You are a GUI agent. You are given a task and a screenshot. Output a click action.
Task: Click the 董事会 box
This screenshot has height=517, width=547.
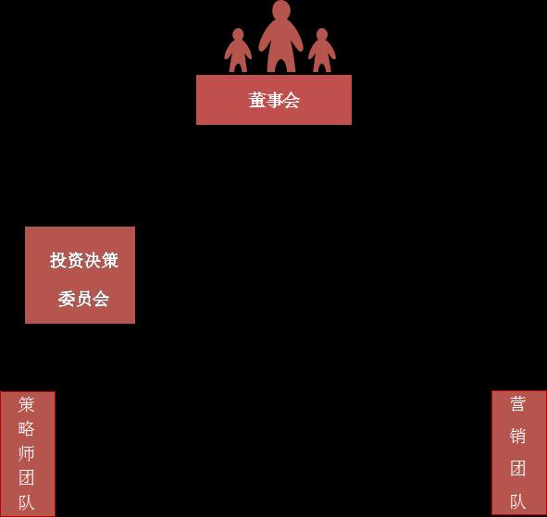(x=274, y=100)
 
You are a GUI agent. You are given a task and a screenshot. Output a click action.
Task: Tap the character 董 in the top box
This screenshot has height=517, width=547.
(x=257, y=100)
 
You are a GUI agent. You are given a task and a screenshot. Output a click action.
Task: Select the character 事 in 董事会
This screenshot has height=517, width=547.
(x=274, y=100)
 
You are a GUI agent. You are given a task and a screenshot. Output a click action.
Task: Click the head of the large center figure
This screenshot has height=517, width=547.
(x=281, y=10)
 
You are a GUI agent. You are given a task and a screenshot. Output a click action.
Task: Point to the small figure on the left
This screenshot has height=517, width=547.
(x=238, y=51)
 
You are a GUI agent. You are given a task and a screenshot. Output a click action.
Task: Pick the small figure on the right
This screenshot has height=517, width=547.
(x=322, y=51)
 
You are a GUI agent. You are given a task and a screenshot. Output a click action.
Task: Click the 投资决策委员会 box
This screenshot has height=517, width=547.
(x=80, y=275)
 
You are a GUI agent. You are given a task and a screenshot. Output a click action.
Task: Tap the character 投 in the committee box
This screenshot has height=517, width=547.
(x=58, y=261)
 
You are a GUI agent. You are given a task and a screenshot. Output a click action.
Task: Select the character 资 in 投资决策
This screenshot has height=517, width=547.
(x=75, y=261)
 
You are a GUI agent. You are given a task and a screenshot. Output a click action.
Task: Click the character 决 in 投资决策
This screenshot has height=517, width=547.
(x=93, y=261)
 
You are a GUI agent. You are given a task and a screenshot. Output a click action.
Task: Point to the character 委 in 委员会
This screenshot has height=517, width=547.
(x=67, y=299)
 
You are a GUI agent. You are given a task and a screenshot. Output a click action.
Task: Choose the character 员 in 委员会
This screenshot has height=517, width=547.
(x=83, y=299)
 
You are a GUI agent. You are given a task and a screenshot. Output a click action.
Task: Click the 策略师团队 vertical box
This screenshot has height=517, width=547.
(x=28, y=453)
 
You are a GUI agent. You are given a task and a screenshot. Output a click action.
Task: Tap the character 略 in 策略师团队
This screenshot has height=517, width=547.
(x=27, y=429)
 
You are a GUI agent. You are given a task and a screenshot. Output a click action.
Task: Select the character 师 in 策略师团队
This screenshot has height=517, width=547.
(x=27, y=453)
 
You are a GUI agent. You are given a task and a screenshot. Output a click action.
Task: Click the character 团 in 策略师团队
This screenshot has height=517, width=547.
(x=27, y=477)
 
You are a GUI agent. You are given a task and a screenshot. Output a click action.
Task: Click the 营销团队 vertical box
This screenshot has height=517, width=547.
(x=518, y=452)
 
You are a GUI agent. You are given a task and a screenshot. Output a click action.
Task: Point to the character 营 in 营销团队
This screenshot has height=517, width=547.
(x=517, y=404)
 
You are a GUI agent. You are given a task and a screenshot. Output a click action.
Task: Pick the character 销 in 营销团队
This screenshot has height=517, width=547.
(x=517, y=437)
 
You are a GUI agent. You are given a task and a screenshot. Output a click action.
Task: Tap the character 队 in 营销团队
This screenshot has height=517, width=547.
(x=517, y=501)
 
